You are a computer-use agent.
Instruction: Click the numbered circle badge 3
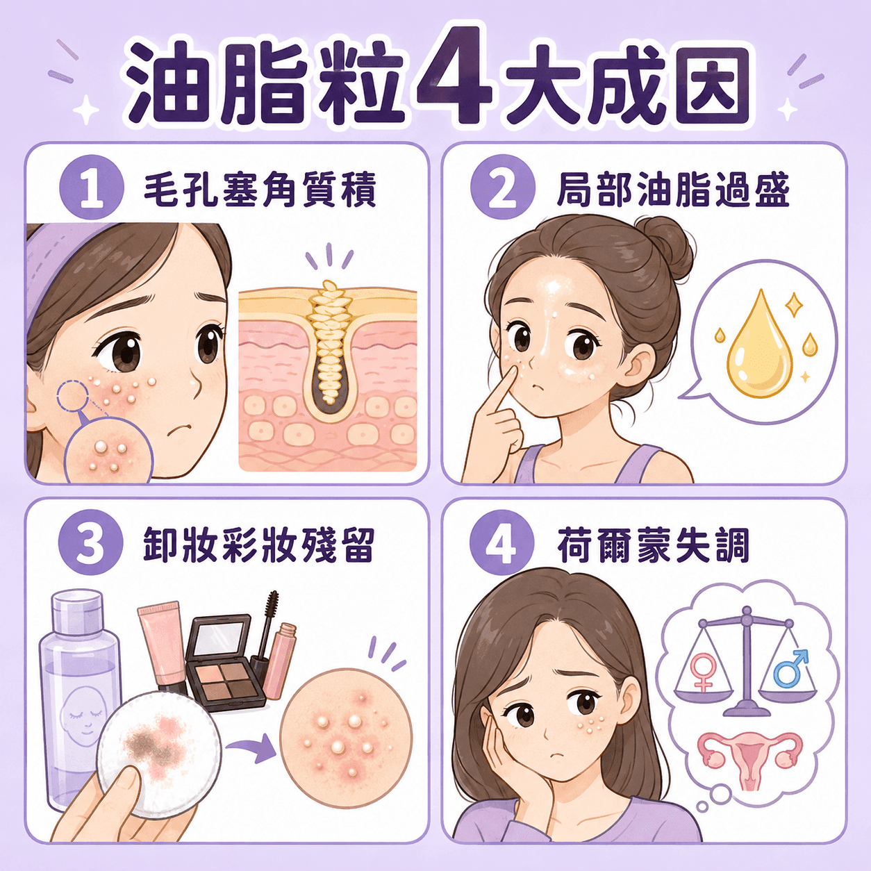point(91,545)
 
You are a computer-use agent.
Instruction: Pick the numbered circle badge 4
point(502,545)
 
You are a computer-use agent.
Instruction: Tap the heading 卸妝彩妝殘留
point(259,545)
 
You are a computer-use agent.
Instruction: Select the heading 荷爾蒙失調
point(654,545)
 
